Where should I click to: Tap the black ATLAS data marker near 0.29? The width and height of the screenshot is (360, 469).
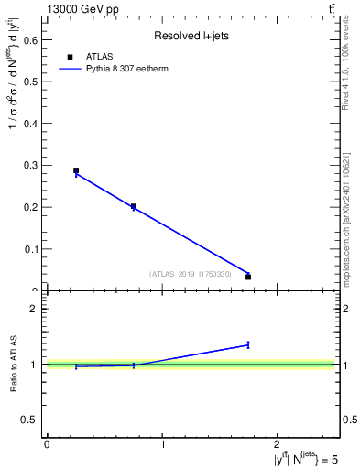point(76,170)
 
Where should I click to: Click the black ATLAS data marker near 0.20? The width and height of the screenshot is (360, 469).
point(134,207)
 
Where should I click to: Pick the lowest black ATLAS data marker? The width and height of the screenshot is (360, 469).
point(248,277)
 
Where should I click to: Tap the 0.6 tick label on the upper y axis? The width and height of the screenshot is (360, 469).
point(29,39)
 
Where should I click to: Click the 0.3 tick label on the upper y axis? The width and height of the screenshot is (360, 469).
point(29,165)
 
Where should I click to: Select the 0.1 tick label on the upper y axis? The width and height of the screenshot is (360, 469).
point(29,249)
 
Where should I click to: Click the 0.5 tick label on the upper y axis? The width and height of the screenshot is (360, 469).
point(29,82)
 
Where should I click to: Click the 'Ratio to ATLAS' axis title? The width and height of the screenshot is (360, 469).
point(13,364)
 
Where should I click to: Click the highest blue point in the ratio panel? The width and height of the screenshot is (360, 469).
point(248,344)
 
